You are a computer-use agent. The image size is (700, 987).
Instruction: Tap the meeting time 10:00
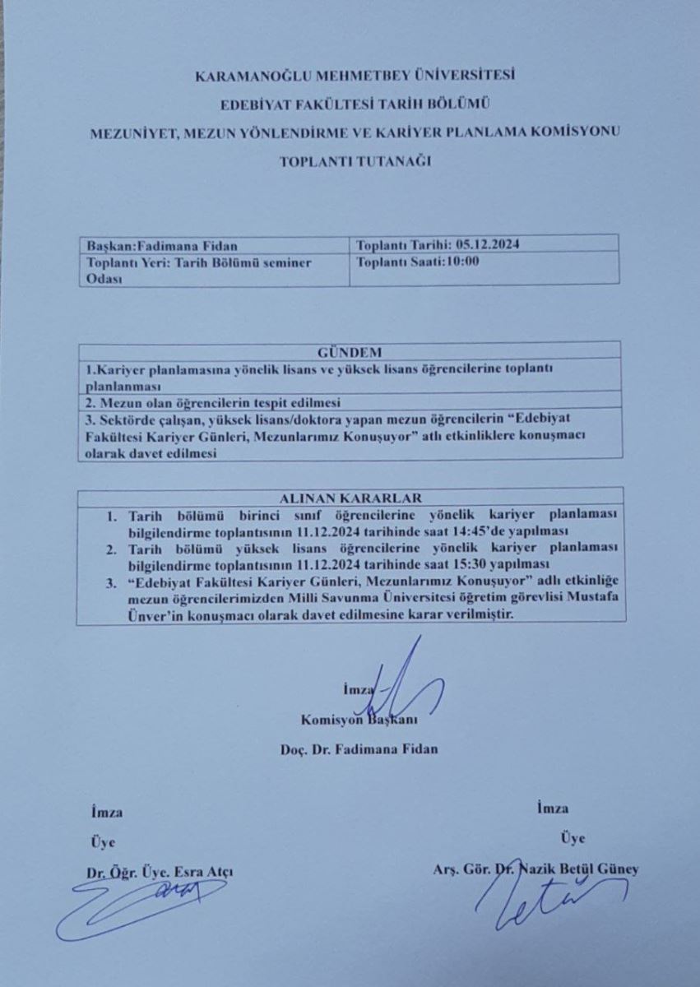(462, 262)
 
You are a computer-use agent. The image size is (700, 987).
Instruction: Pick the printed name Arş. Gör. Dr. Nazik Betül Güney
(535, 869)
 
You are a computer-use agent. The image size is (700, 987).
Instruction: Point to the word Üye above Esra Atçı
(102, 842)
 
